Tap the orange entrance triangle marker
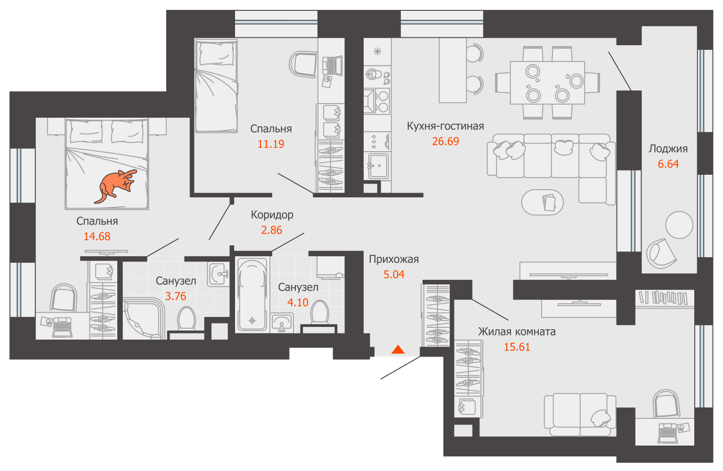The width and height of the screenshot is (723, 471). pos(398,349)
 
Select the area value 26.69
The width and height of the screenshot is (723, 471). pos(446,141)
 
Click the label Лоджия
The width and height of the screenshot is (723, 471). pos(668,149)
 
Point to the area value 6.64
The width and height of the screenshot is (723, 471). pos(668,164)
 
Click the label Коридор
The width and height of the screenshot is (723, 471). pos(272,215)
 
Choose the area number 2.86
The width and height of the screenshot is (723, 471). pos(271,230)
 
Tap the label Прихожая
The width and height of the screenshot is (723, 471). pos(394,259)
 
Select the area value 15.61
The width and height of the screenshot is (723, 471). pos(517,347)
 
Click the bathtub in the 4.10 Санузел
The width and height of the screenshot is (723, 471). pos(252,294)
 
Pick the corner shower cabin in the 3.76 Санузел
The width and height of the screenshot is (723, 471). pos(143,318)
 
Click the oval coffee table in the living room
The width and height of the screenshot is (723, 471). pos(542,203)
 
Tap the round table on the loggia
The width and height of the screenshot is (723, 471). pos(679,225)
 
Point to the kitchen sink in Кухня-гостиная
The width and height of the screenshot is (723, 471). pos(378,166)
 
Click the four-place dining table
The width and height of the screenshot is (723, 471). pos(547,82)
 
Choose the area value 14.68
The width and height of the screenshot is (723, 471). pos(97,236)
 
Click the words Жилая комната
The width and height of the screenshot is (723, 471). pos(517,332)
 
